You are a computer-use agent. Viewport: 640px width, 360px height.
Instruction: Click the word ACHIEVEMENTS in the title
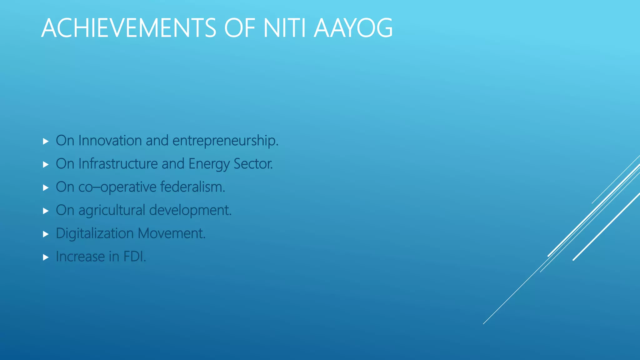(x=128, y=28)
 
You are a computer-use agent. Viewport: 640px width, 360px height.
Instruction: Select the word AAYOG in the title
(x=353, y=28)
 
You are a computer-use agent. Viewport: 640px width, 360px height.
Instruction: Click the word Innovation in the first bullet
(x=110, y=141)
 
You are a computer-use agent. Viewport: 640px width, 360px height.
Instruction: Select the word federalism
(x=192, y=187)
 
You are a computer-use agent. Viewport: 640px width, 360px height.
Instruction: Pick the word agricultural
(x=112, y=210)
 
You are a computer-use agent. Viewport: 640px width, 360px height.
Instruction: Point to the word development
(x=190, y=210)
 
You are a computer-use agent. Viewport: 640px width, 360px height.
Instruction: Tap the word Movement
(x=172, y=233)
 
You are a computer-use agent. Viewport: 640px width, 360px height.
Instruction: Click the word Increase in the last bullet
(x=80, y=257)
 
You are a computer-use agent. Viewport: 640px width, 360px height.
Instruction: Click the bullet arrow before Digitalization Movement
(x=46, y=234)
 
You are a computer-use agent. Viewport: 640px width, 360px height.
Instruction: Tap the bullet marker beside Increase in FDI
(x=46, y=257)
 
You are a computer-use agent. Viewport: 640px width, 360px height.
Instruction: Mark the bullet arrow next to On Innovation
(x=46, y=142)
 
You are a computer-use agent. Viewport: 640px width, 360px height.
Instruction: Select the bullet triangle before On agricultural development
(x=46, y=211)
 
